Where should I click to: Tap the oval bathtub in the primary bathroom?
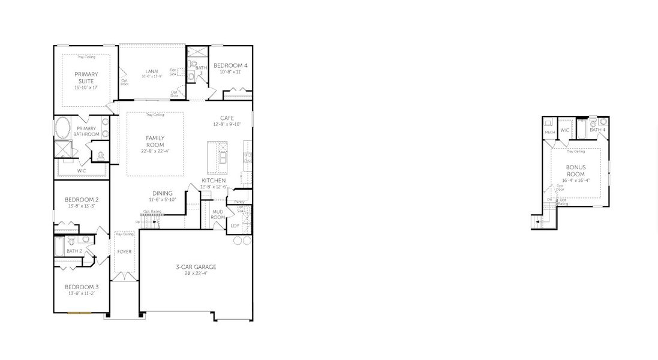coord(62,128)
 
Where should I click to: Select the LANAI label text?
coord(151,71)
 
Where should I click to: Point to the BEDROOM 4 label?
coord(230,65)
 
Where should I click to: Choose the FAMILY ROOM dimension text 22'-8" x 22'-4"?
coord(155,151)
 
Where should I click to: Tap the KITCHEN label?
coord(214,181)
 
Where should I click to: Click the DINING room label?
coord(162,193)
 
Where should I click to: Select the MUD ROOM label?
coord(218,215)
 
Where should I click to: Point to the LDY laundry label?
coord(235,226)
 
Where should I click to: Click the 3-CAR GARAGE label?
coord(196,267)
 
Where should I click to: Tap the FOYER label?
coord(124,251)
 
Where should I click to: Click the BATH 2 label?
coord(74,251)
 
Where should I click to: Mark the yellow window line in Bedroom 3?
coord(79,313)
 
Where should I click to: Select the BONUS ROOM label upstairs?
coord(575,170)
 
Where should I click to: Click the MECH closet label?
coord(549,133)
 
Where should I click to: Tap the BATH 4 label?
coord(597,130)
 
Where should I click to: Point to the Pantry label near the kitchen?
coord(239,202)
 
